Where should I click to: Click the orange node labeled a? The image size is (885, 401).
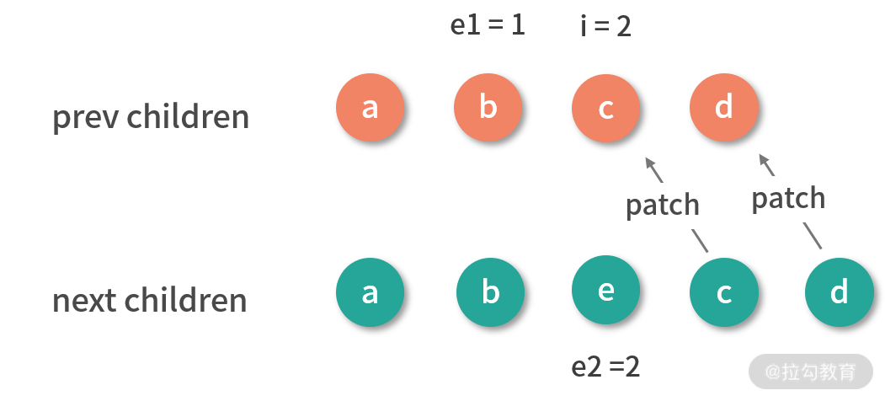click(x=370, y=109)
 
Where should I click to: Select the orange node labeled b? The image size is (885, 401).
click(x=488, y=109)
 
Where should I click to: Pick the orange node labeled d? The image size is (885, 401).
click(x=723, y=109)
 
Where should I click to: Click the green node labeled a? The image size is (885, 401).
click(x=370, y=292)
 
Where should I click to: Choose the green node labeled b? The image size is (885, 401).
click(x=490, y=292)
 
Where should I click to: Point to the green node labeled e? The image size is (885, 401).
click(x=605, y=291)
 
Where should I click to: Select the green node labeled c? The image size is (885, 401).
click(x=723, y=292)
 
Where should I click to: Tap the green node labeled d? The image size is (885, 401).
click(x=839, y=292)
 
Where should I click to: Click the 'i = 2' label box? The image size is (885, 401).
click(x=605, y=26)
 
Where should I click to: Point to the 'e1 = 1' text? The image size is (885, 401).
click(x=488, y=25)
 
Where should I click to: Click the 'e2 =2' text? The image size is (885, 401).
click(x=605, y=367)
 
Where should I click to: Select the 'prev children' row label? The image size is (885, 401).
click(x=151, y=117)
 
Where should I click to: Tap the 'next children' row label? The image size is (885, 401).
click(x=150, y=301)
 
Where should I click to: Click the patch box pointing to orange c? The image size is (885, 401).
click(x=663, y=204)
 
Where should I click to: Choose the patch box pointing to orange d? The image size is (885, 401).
click(x=788, y=198)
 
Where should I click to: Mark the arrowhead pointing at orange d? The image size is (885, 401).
click(x=762, y=158)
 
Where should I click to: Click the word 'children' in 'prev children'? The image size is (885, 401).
click(x=187, y=117)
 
